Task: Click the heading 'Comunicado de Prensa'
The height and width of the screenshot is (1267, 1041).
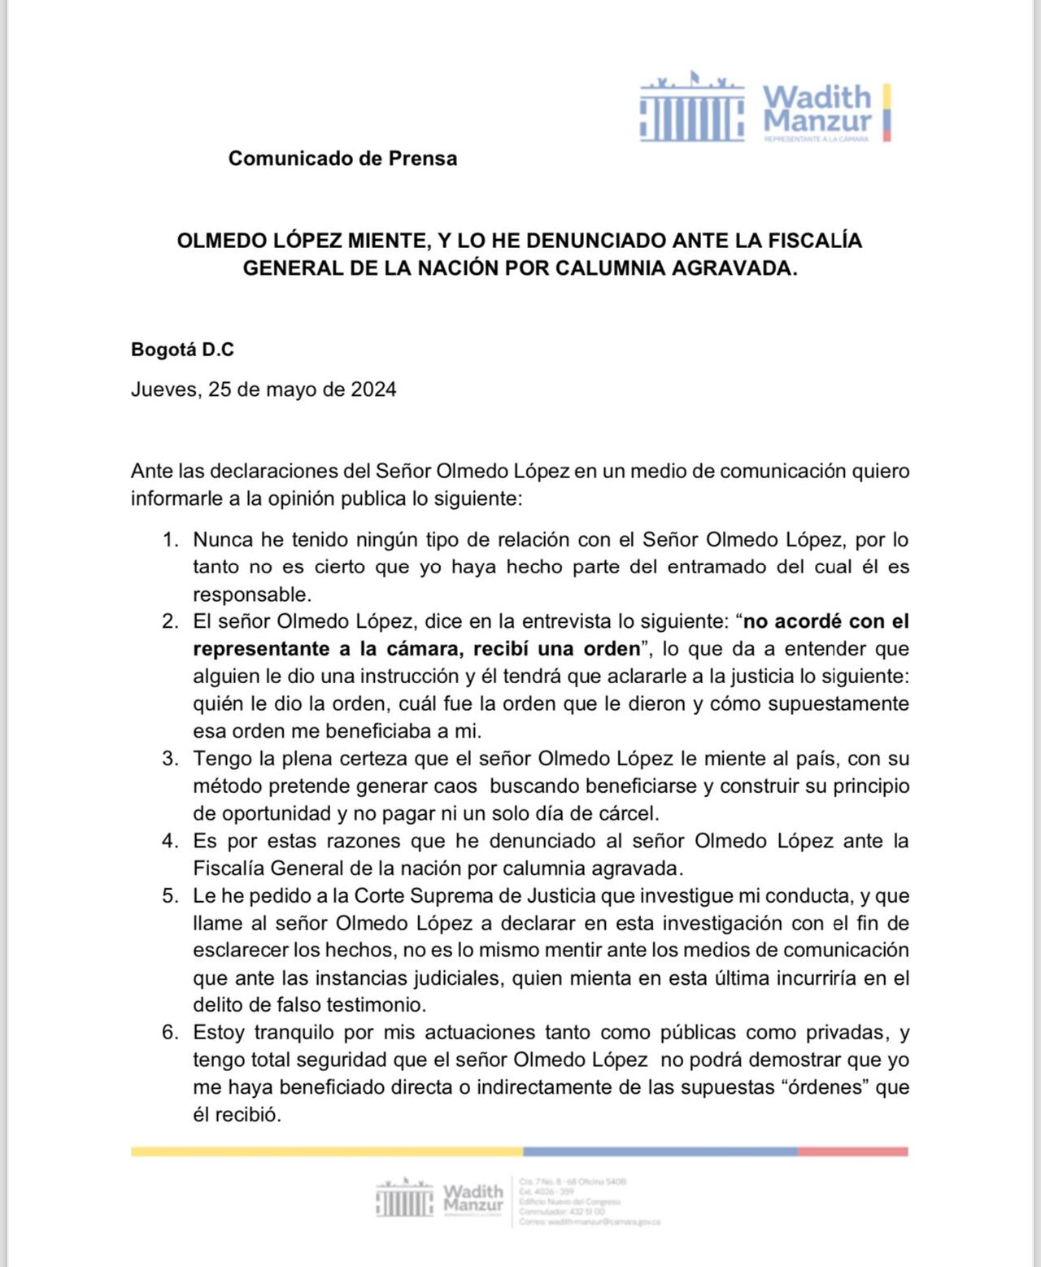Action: tap(342, 159)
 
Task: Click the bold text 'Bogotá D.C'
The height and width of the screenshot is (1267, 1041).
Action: tap(182, 350)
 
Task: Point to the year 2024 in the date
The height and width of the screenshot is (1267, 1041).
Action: tap(373, 390)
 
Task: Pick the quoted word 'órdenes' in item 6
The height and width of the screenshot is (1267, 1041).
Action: tap(825, 1087)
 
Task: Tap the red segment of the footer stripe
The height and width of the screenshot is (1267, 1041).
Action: tap(852, 1152)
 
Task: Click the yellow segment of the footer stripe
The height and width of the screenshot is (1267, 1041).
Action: tap(326, 1152)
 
